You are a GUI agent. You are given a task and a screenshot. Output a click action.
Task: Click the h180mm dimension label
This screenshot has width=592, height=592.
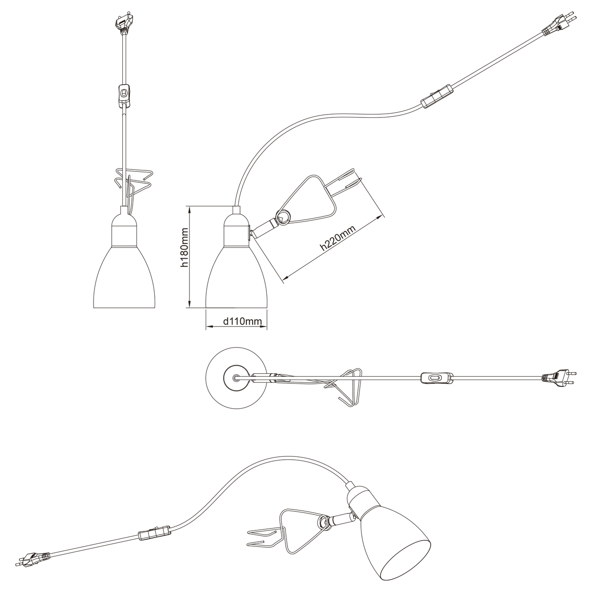[x=184, y=247]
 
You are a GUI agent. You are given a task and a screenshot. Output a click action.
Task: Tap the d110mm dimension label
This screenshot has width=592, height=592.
[x=243, y=322]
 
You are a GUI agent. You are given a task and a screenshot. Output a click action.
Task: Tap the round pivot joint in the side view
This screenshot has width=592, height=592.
[x=283, y=218]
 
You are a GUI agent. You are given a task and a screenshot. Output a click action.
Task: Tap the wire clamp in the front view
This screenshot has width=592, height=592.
[x=132, y=182]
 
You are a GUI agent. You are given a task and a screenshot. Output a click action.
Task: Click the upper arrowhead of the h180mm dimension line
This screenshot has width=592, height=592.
[x=190, y=210]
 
